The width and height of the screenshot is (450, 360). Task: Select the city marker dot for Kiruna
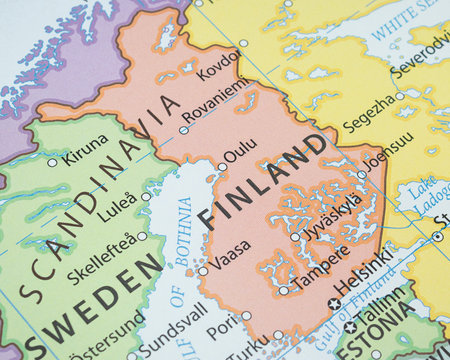tap(52, 162)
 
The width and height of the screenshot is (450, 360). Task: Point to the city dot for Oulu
tap(222, 167)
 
